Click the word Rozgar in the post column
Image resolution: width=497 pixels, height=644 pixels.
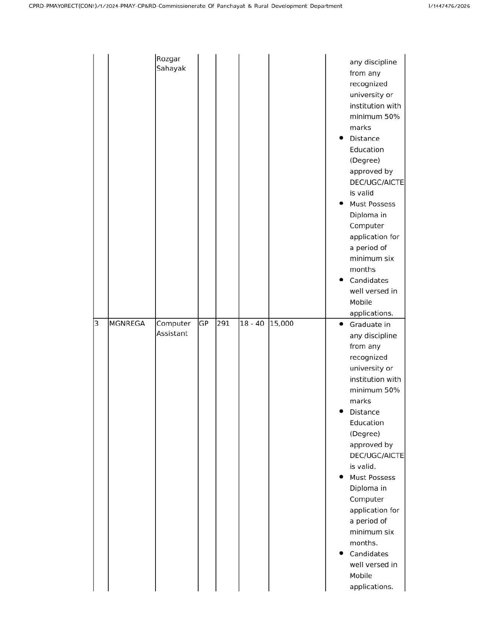[168, 59]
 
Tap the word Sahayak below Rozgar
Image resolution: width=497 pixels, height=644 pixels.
[171, 68]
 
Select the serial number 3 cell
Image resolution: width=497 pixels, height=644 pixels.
[96, 323]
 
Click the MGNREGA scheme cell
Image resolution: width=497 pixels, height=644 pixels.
[127, 323]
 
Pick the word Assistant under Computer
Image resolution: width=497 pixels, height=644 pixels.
[172, 334]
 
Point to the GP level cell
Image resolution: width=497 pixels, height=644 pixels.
[203, 323]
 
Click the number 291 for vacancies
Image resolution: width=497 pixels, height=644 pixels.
[223, 323]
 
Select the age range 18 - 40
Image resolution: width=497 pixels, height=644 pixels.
[252, 323]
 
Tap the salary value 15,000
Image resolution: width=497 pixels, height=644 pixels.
[281, 323]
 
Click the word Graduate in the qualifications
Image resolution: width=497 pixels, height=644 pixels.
[364, 325]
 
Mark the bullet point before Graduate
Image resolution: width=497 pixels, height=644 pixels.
[341, 324]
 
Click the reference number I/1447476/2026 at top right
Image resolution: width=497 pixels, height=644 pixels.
[449, 6]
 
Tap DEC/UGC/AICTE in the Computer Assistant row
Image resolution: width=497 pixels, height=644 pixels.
[377, 456]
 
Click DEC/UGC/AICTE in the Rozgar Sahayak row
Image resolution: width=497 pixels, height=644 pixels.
[377, 182]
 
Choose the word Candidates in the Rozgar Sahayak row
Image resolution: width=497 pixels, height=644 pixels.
[369, 280]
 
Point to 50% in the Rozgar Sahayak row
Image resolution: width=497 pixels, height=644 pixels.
[392, 117]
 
